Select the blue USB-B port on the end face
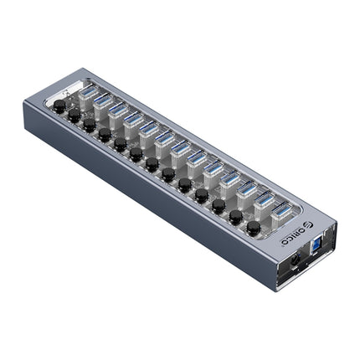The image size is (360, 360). pyautogui.click(x=319, y=249)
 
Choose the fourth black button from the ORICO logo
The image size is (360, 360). pyautogui.click(x=202, y=194)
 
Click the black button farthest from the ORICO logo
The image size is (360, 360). pyautogui.click(x=59, y=108)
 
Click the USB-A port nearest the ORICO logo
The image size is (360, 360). pyautogui.click(x=283, y=209)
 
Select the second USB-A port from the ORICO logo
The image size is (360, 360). pyautogui.click(x=264, y=199)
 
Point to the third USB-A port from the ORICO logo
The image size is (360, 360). pyautogui.click(x=246, y=188)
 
